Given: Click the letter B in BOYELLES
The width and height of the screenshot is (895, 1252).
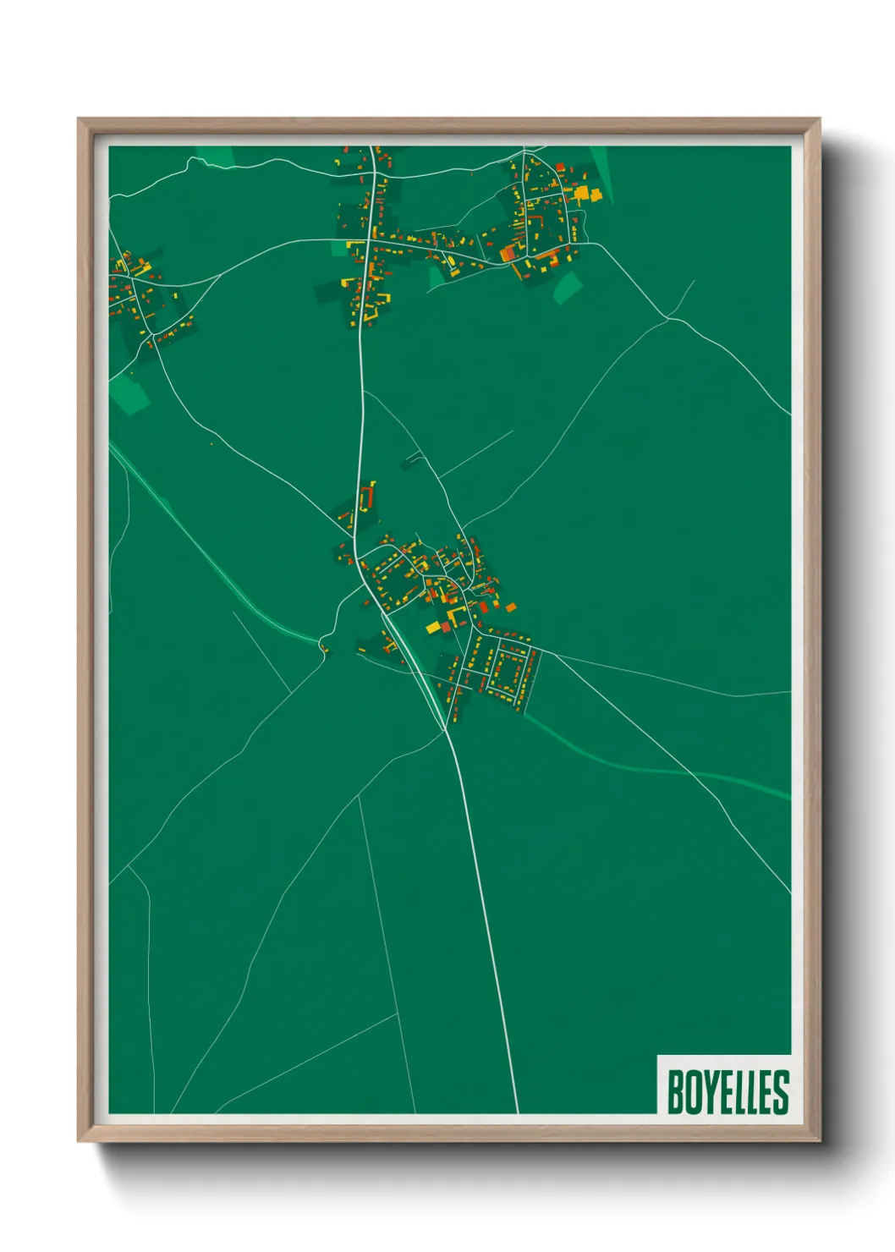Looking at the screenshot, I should [x=676, y=1092].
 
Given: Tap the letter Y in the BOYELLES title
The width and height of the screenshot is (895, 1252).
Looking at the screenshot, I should [x=710, y=1092].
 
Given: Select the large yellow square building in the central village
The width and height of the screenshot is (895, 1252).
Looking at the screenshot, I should [x=432, y=627].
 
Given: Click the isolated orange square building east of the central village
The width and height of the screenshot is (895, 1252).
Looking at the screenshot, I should [x=510, y=607].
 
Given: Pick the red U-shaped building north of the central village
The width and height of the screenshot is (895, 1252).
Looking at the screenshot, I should [x=368, y=497].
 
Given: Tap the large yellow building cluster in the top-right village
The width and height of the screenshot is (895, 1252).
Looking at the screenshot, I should [x=585, y=195].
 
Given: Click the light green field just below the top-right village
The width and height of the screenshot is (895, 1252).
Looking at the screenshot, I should [x=568, y=287].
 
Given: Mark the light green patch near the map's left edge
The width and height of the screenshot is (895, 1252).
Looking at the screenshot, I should [x=131, y=393].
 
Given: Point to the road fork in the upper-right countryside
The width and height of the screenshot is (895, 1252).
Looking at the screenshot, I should [x=667, y=318].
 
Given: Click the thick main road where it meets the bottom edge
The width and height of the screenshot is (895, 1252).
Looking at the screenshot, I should [x=516, y=1110].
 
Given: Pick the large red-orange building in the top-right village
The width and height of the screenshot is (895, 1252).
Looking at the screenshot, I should [x=508, y=252].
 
